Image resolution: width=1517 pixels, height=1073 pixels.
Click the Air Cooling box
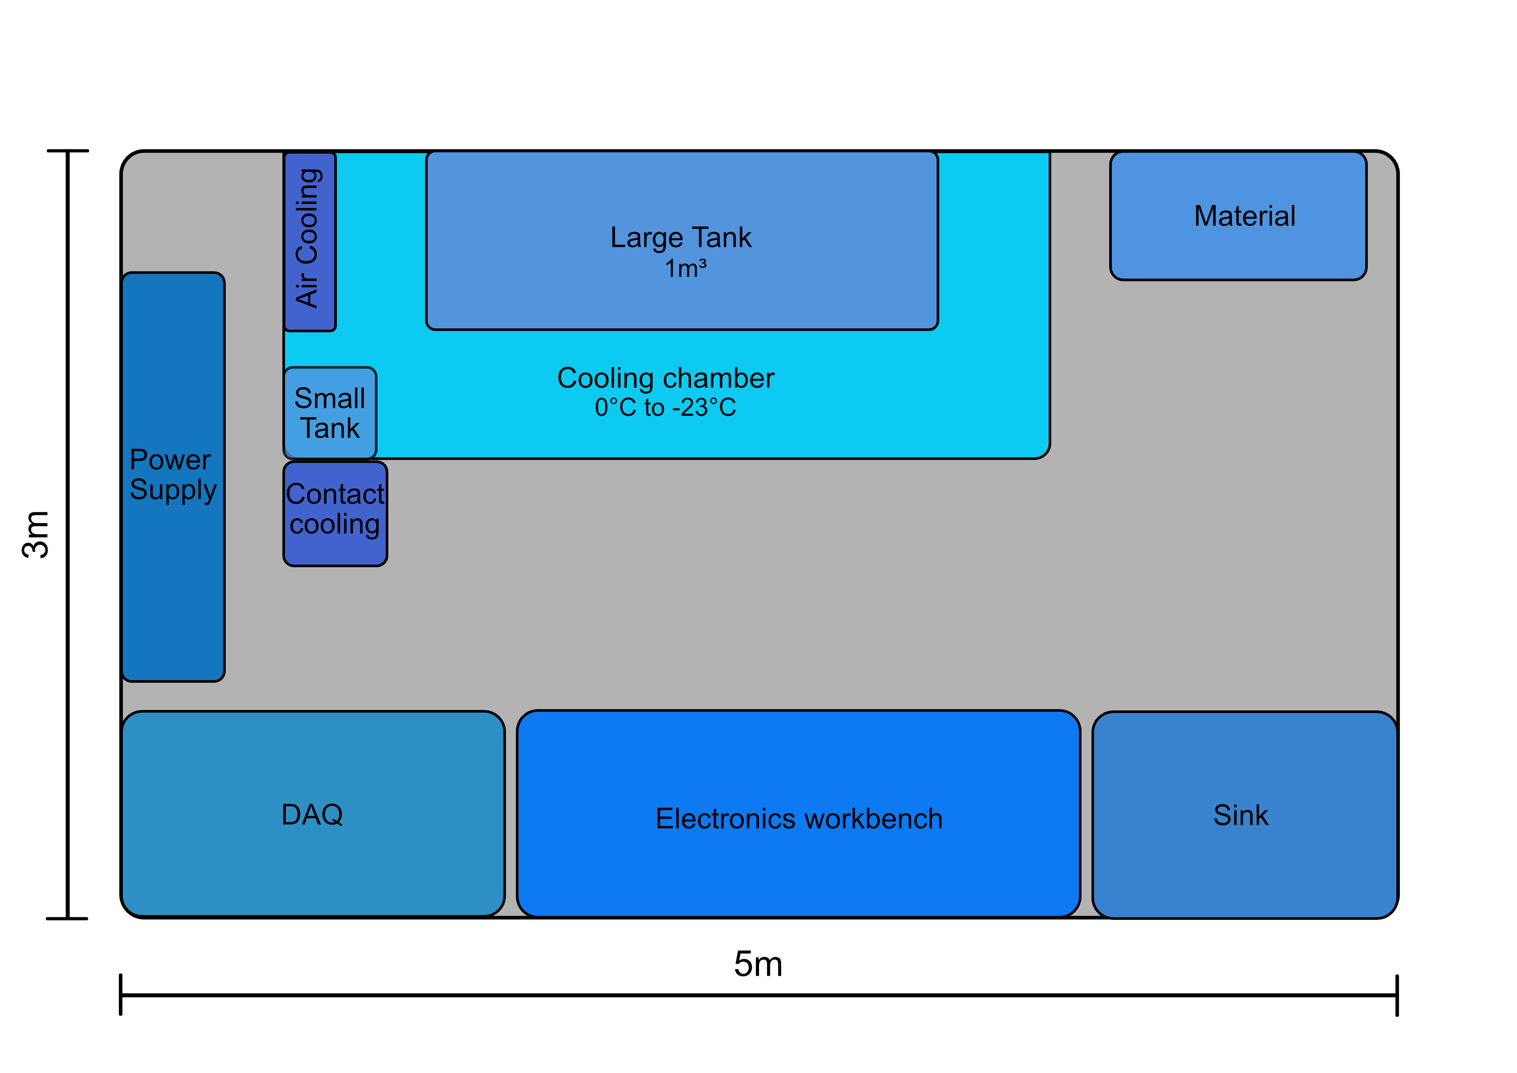pos(310,241)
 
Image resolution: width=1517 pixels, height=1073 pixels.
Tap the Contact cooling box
pos(336,514)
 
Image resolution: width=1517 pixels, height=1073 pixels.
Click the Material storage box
pos(1238,216)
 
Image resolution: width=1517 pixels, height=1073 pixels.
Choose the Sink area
pos(1245,815)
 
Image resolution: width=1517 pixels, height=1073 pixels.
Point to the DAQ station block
pos(313,814)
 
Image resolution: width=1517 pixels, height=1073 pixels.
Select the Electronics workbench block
pos(799,814)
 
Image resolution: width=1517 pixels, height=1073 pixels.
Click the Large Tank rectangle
pos(682,241)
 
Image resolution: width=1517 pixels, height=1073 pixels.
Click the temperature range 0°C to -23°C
pos(666,407)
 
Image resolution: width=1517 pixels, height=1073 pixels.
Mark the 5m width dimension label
pos(758,964)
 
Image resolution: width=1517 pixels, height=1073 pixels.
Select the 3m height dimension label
pos(36,534)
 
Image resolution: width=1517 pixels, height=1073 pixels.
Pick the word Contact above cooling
pos(335,494)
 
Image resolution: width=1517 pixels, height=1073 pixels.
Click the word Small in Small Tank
pos(330,398)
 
